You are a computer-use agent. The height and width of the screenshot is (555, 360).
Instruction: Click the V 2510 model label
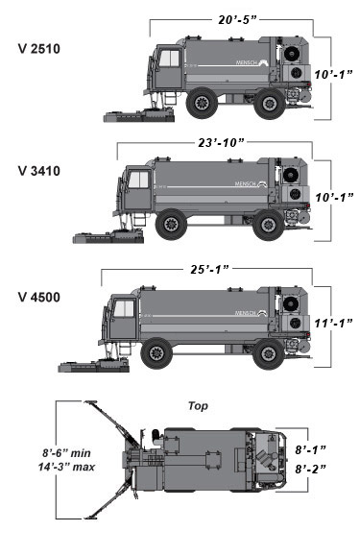pos(39,49)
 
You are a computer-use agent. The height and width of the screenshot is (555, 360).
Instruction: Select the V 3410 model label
pos(39,171)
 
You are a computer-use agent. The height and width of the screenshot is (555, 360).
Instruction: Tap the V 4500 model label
pos(39,297)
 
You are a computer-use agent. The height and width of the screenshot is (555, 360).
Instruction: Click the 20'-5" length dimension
pos(237,19)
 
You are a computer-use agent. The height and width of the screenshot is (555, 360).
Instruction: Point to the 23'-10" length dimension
pos(221,143)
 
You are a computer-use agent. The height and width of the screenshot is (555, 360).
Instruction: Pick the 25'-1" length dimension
pos(209,270)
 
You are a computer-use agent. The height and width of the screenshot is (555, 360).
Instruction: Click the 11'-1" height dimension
pos(333,323)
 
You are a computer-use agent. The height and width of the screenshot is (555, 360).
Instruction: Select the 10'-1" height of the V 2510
pos(333,74)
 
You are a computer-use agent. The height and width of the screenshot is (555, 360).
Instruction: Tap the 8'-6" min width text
pos(66,453)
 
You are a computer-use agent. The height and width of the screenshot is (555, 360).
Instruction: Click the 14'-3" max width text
pos(66,467)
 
